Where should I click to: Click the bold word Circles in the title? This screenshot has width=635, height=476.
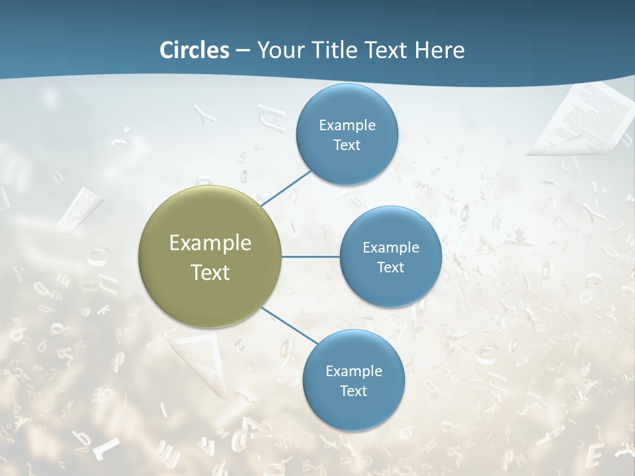point(194,50)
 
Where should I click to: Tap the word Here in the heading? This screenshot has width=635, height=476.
point(440,50)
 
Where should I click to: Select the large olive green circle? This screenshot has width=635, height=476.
point(210,257)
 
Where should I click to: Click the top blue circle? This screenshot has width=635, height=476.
point(347,134)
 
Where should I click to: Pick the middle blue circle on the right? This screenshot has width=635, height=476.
point(390,257)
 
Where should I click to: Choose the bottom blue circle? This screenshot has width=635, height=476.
point(353,380)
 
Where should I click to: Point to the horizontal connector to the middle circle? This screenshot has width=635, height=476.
point(310,257)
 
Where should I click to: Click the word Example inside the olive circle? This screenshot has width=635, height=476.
point(210,243)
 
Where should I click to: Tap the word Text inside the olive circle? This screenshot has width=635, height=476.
point(210,272)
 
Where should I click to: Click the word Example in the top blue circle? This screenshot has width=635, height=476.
point(347,125)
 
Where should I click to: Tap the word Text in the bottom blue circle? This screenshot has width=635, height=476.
point(353,391)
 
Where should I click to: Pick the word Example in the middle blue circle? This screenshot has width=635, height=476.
point(390,247)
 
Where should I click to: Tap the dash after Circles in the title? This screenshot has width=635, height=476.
point(243,50)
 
